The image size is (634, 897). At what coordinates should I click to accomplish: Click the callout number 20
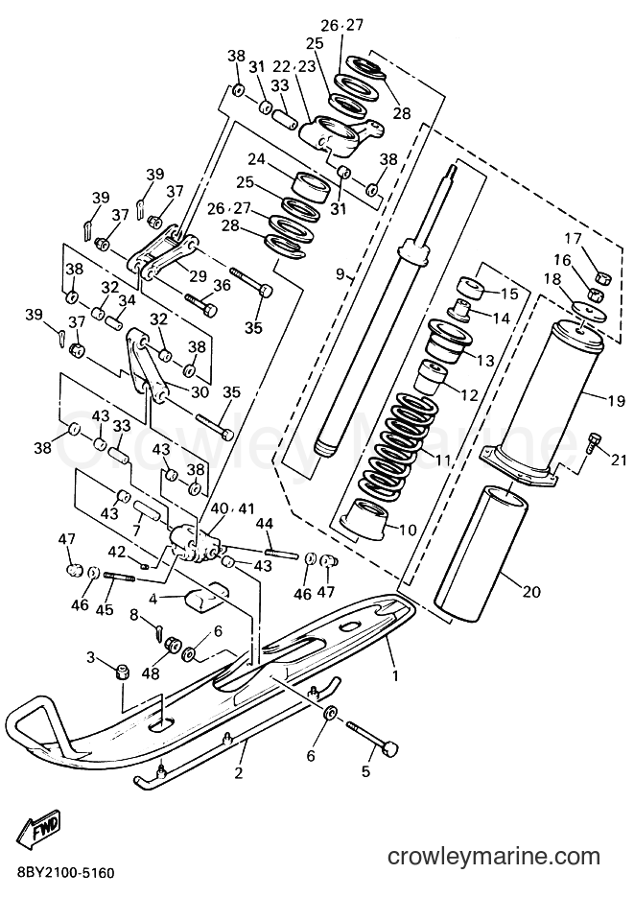(x=531, y=592)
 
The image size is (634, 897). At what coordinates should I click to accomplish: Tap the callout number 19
(x=617, y=401)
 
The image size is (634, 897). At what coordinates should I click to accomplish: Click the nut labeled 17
(x=604, y=278)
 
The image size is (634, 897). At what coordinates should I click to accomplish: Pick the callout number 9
(x=340, y=274)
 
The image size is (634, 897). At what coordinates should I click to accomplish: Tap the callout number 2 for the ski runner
(x=239, y=773)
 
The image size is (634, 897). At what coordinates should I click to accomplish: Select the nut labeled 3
(x=121, y=672)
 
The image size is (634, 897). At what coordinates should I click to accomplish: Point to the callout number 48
(x=151, y=674)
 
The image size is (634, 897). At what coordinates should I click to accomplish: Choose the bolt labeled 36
(x=201, y=304)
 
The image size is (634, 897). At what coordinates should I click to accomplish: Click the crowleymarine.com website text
(x=493, y=856)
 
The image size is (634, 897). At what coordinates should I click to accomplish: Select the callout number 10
(x=408, y=530)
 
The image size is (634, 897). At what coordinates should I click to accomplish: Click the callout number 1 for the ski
(x=394, y=675)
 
